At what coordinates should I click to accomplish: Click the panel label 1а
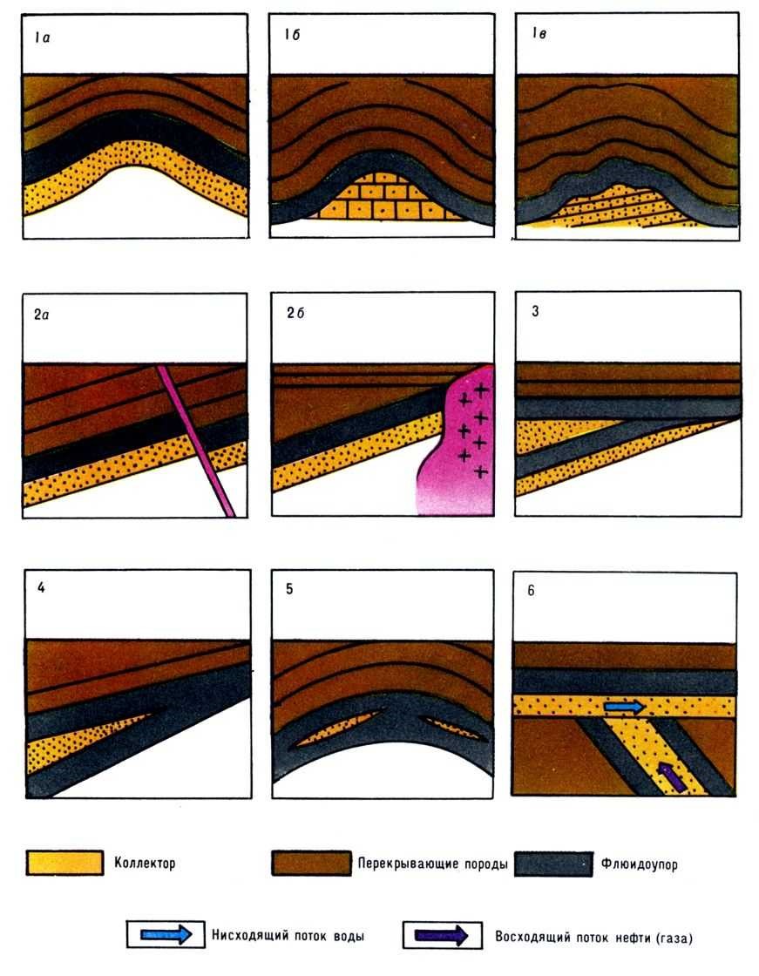coord(43,38)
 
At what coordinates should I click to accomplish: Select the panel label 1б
coord(292,35)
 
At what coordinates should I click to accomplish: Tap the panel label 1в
coord(539,33)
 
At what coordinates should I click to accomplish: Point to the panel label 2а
coord(41,315)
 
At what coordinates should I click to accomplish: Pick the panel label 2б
coord(295,313)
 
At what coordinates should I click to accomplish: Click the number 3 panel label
coord(535,311)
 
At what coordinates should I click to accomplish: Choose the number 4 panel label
coord(41,587)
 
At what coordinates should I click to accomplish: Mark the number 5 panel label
coord(289,589)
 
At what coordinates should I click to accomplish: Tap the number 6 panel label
coord(531,590)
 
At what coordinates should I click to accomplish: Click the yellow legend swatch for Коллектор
coord(64,863)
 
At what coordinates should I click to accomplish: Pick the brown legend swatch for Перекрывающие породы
coord(311,864)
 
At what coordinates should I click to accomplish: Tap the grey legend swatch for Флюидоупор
coord(553,864)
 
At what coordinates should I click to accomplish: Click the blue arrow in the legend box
coord(166,934)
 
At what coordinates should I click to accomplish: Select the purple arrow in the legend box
coord(442,936)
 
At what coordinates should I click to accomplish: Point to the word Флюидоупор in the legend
coord(639,864)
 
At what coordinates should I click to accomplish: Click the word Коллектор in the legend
coord(145,864)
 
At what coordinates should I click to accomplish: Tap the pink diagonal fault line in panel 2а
coord(196,441)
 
